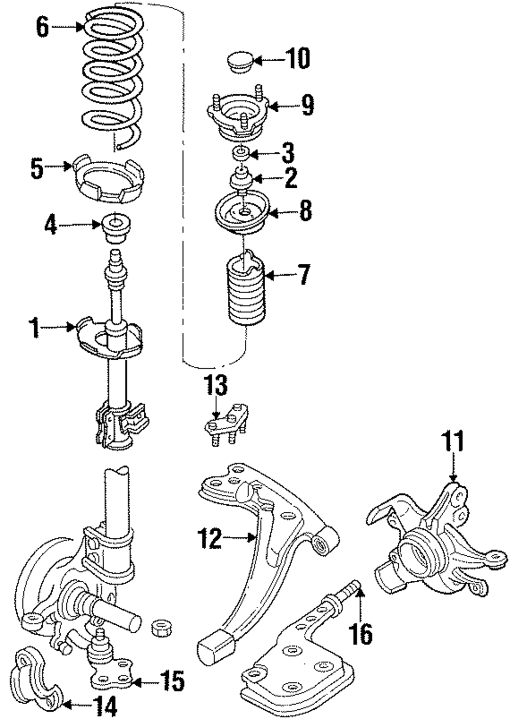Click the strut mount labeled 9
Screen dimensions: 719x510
tap(238, 115)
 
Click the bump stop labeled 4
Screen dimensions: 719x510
tap(115, 229)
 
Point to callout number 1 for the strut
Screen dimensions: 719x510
tap(34, 328)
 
